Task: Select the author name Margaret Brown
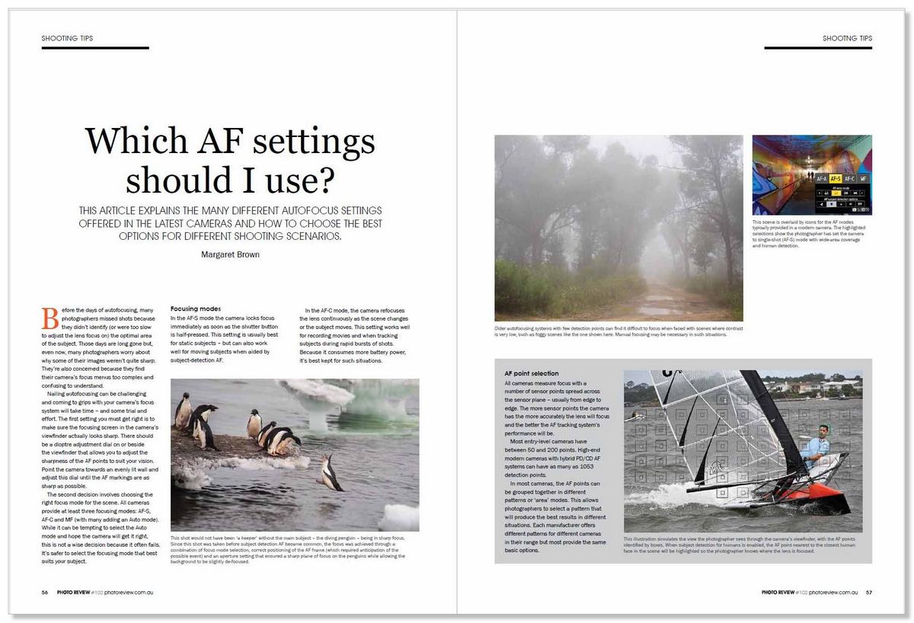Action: (x=229, y=254)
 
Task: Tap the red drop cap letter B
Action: (x=50, y=317)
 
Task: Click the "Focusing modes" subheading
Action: (x=196, y=308)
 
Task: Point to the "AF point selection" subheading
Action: (x=532, y=374)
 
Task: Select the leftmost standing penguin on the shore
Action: (x=183, y=411)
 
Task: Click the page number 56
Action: (x=45, y=593)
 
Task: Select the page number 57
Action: (x=869, y=593)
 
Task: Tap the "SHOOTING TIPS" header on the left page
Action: (x=68, y=38)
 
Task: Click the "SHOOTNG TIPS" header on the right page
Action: (x=847, y=38)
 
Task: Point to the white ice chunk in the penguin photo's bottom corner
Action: (x=399, y=517)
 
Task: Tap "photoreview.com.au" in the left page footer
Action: (x=129, y=593)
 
